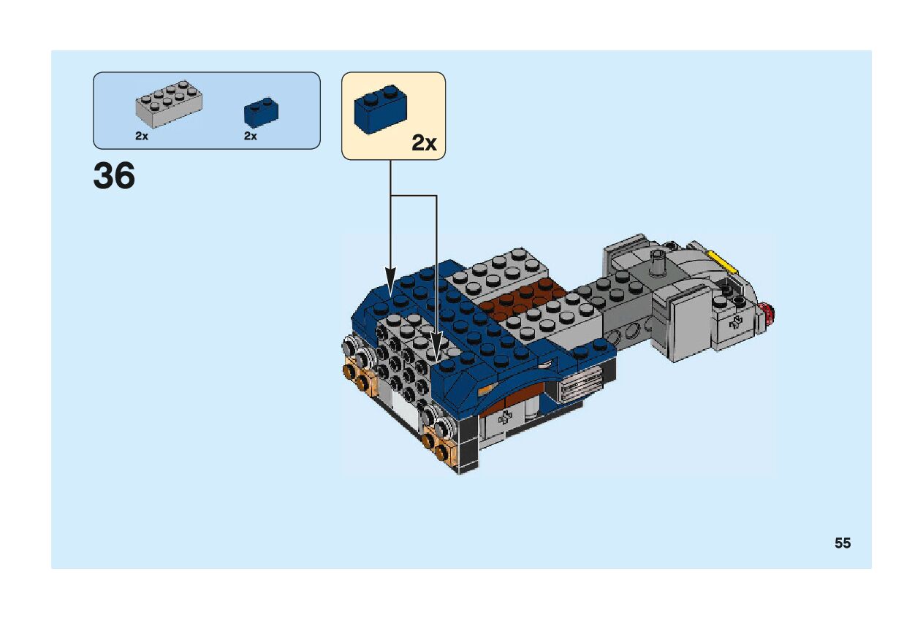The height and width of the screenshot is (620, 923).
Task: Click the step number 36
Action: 114,177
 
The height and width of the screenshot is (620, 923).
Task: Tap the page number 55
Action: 843,543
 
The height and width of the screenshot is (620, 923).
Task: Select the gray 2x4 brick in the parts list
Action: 169,104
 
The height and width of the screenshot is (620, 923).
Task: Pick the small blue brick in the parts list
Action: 261,112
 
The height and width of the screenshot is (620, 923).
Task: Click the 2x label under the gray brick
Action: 142,137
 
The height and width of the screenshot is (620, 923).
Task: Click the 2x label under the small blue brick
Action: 251,137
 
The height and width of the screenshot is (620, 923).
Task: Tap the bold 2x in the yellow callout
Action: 424,143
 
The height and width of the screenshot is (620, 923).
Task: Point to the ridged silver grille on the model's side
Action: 580,384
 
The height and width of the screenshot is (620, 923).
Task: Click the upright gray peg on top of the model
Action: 658,260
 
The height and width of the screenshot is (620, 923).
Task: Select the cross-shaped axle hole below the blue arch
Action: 504,419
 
